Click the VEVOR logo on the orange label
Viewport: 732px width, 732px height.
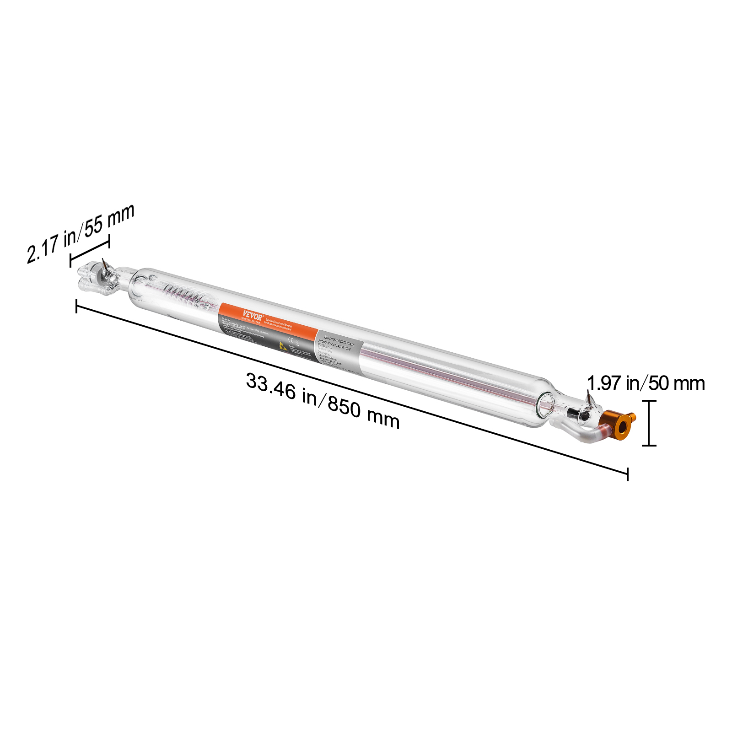click(253, 315)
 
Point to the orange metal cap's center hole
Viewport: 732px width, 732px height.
click(622, 427)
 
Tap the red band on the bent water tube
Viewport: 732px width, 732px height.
click(603, 431)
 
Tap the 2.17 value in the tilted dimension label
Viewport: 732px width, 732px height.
click(43, 249)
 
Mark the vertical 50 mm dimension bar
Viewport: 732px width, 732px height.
click(649, 423)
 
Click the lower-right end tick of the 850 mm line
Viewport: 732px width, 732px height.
click(627, 474)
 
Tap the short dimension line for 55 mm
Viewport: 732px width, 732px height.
click(90, 251)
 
